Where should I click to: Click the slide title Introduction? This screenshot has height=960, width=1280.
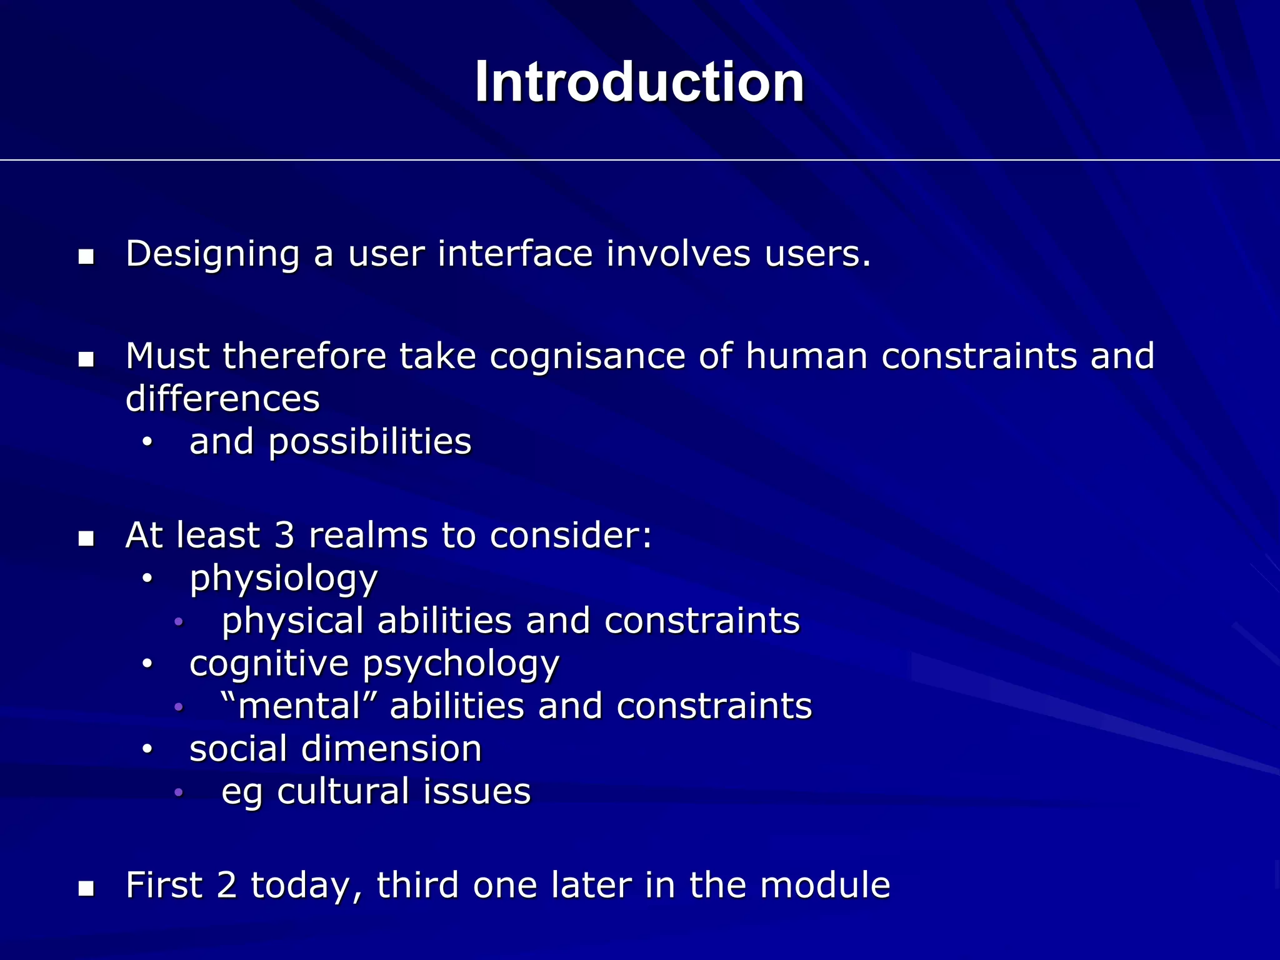coord(639,82)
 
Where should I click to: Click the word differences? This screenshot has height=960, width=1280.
coord(222,399)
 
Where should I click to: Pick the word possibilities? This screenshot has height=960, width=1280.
coord(370,442)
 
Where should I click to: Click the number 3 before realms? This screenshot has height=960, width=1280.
coord(284,536)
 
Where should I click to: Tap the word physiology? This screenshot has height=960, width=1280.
coord(284,579)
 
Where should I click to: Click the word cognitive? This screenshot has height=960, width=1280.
coord(269,664)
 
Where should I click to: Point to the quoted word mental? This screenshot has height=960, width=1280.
coord(300,706)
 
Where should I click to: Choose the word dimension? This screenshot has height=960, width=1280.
coord(391,749)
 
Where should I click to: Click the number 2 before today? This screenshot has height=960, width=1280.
coord(227,886)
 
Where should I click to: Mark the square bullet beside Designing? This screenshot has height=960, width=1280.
coord(86,257)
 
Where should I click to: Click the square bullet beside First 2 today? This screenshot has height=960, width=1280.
coord(86,888)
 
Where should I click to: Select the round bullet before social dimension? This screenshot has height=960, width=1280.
coord(147,749)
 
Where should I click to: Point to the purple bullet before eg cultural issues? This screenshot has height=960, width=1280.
coord(179,792)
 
